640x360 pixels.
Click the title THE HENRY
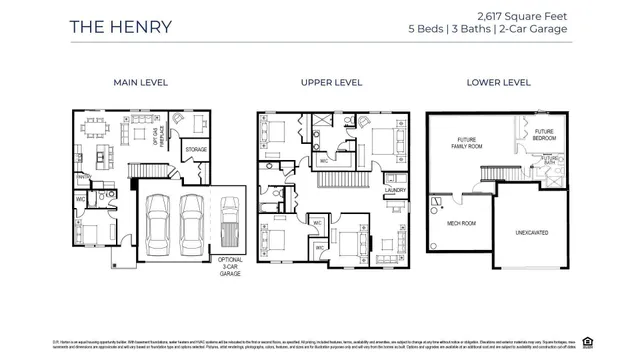coord(120,26)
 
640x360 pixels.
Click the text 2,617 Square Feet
coord(522,15)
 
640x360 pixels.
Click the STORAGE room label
coord(196,150)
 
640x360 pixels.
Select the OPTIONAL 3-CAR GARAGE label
coord(230,264)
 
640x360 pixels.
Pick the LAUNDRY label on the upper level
coord(394,190)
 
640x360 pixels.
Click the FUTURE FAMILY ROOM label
coord(469,143)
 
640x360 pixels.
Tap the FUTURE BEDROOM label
coord(544,135)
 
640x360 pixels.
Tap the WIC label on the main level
coord(80,199)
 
